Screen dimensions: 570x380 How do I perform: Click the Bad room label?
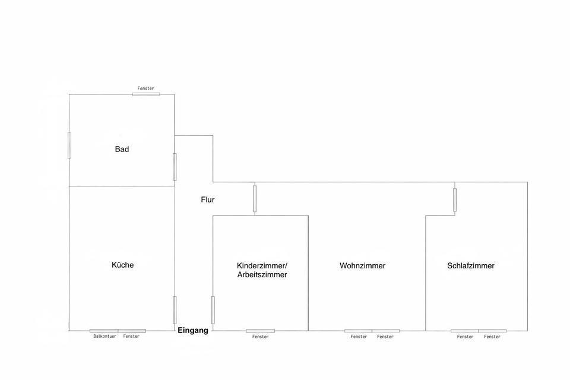click(122, 149)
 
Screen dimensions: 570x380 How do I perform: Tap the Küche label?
click(122, 265)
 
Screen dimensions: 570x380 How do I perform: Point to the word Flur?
click(207, 200)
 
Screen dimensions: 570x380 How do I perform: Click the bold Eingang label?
click(193, 331)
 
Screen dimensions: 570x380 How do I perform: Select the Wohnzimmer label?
click(362, 266)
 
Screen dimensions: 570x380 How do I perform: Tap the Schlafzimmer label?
click(470, 266)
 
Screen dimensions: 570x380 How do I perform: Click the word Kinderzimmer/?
click(261, 265)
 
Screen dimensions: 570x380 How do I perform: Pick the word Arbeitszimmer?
click(262, 275)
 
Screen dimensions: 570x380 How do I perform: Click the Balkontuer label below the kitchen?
click(104, 337)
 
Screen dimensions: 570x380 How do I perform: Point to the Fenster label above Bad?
click(145, 88)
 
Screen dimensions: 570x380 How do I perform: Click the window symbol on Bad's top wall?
click(146, 94)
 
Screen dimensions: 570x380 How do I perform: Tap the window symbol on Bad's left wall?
click(69, 144)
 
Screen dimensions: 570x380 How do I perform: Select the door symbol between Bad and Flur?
click(175, 167)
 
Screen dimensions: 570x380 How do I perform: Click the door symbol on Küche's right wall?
click(175, 309)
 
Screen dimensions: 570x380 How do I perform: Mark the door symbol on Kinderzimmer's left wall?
click(213, 309)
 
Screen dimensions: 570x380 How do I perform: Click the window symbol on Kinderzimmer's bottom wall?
click(260, 331)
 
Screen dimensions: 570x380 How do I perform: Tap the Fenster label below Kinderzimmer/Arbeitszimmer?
click(260, 337)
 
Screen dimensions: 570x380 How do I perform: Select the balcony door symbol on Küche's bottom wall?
click(104, 331)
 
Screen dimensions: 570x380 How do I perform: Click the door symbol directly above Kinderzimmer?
click(255, 198)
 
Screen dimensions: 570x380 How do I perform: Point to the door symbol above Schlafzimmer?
click(455, 199)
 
